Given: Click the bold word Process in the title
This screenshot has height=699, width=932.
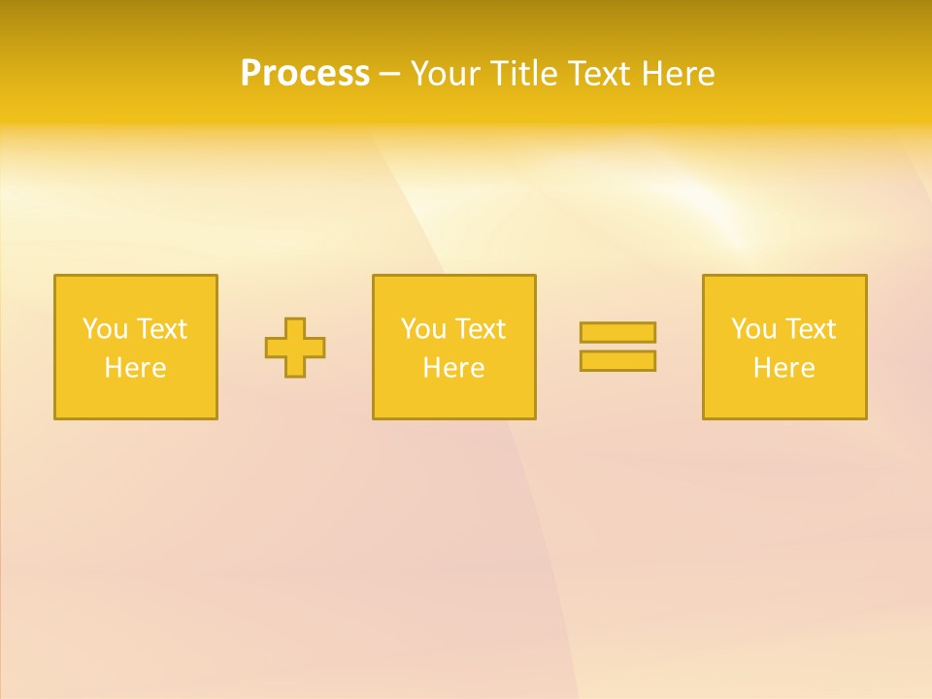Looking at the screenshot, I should (x=305, y=74).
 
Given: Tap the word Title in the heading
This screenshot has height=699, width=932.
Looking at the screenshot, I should (x=528, y=74).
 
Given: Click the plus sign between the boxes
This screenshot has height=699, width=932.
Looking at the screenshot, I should (x=295, y=348).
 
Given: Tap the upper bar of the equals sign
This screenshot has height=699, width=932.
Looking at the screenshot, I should (x=617, y=332).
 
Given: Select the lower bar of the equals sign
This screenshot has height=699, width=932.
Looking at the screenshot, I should (x=617, y=361).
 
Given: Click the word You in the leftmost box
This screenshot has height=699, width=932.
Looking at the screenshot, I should (x=105, y=329).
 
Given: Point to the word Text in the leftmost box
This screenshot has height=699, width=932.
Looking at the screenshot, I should (x=160, y=329).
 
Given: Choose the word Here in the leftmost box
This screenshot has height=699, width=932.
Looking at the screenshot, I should (x=135, y=368).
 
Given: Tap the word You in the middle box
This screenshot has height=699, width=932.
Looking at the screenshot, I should (x=423, y=329).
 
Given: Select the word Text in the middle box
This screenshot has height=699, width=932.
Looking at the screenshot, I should (x=479, y=329).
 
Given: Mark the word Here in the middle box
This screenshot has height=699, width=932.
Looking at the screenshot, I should (x=453, y=368).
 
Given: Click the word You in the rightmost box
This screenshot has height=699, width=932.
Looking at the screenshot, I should (x=753, y=329).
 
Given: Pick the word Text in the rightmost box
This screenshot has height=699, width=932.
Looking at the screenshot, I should (x=809, y=329).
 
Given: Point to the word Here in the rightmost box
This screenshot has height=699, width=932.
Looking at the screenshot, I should (x=783, y=368).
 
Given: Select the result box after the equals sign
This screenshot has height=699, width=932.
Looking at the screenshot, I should (x=784, y=398).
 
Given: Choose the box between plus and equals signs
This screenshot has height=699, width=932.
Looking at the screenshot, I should (x=453, y=398).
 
